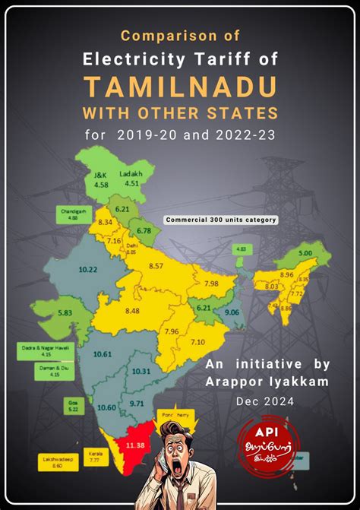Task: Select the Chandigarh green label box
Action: (x=74, y=214)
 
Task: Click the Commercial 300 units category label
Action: (x=221, y=220)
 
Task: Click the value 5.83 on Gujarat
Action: (x=64, y=312)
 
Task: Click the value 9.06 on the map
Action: (x=232, y=312)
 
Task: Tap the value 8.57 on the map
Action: (x=156, y=265)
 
